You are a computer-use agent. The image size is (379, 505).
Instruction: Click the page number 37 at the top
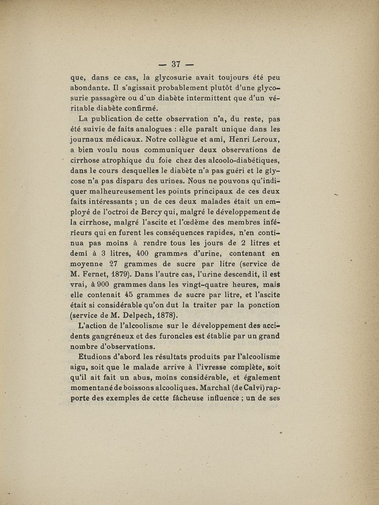point(177,64)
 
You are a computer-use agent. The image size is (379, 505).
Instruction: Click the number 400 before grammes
point(142,253)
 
